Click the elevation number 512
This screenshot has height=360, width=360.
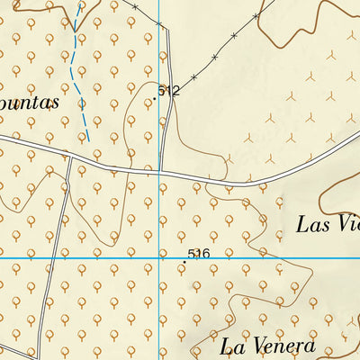tap(168, 91)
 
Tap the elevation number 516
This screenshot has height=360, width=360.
tap(199, 255)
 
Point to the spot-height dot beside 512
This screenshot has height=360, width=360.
tap(155, 99)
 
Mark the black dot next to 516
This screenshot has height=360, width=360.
tap(185, 262)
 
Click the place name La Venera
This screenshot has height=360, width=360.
tap(267, 346)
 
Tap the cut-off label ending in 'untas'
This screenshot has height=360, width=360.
tap(30, 102)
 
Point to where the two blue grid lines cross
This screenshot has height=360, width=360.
tap(159, 258)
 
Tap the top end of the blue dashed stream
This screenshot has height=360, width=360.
tap(81, 3)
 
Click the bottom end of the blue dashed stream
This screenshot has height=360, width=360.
tap(87, 141)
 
